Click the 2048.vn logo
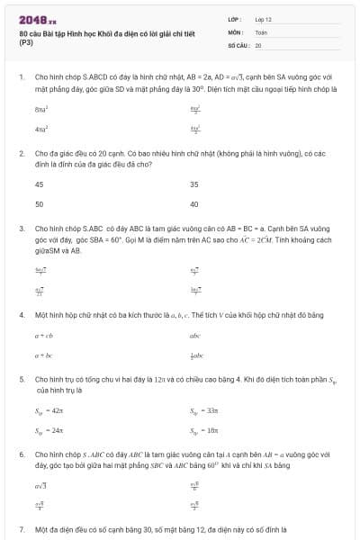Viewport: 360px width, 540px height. (37, 19)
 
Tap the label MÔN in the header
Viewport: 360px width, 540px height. (234, 31)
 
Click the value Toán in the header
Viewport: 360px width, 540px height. (261, 31)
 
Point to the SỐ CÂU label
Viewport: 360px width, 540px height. (238, 44)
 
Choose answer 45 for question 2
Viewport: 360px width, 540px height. (39, 184)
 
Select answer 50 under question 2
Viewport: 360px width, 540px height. (39, 204)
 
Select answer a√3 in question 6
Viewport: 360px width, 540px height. (40, 485)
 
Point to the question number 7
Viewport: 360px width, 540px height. (21, 529)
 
